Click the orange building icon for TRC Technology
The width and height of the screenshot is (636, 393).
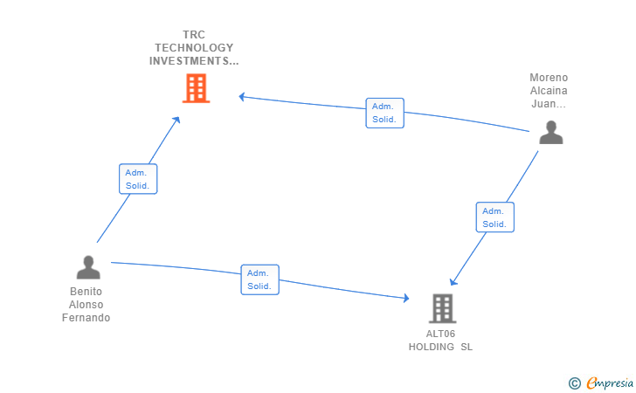(x=196, y=88)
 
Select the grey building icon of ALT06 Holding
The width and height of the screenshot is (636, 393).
(x=443, y=308)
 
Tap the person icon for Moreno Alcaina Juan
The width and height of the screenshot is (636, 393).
(x=550, y=133)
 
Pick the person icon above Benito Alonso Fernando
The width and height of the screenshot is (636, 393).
(x=88, y=267)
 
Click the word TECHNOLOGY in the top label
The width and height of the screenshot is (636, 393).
(x=194, y=47)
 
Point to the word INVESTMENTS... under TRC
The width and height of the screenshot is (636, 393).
(x=194, y=61)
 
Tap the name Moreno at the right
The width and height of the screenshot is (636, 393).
(x=549, y=78)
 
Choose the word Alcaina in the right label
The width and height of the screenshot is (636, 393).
(x=549, y=91)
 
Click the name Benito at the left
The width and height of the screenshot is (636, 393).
(x=86, y=292)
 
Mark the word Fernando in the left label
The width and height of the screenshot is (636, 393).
(x=86, y=318)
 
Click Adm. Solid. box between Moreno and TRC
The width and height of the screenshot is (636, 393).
(x=384, y=113)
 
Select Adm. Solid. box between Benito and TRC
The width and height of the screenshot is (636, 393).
(x=138, y=179)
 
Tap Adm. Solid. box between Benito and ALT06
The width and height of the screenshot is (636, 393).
(x=259, y=279)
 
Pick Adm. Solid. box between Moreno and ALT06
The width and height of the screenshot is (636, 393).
(x=494, y=217)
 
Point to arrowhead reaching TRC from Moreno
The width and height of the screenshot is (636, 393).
(x=243, y=97)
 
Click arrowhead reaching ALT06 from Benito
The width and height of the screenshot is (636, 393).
(x=405, y=299)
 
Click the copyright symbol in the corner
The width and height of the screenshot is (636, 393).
(x=574, y=383)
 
